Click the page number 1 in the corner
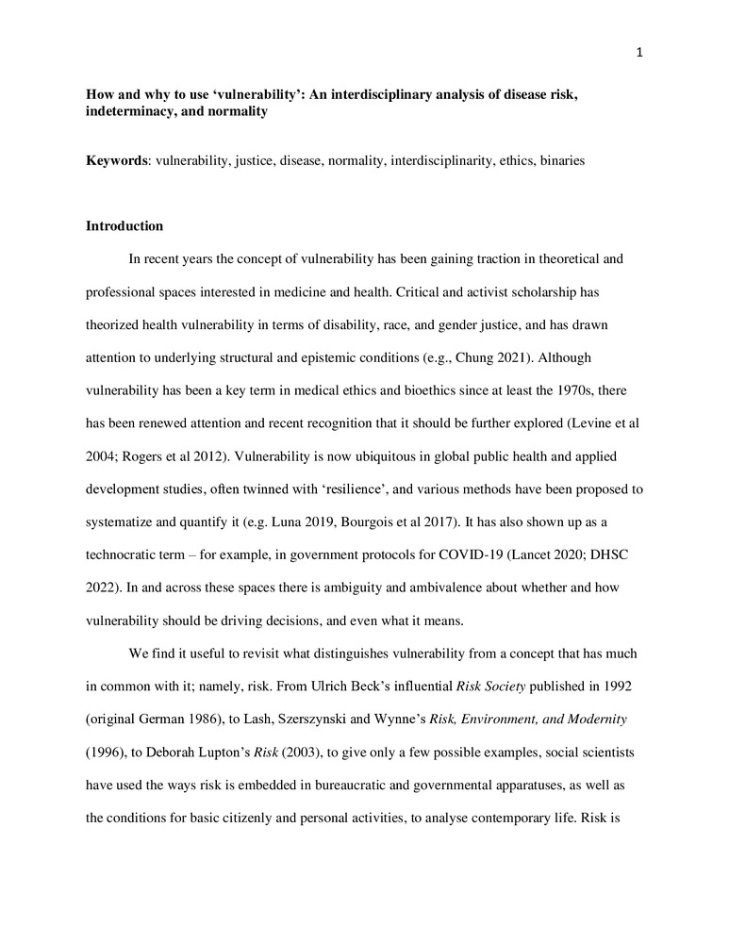click(640, 53)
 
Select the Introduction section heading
click(124, 226)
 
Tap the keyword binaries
click(558, 160)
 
